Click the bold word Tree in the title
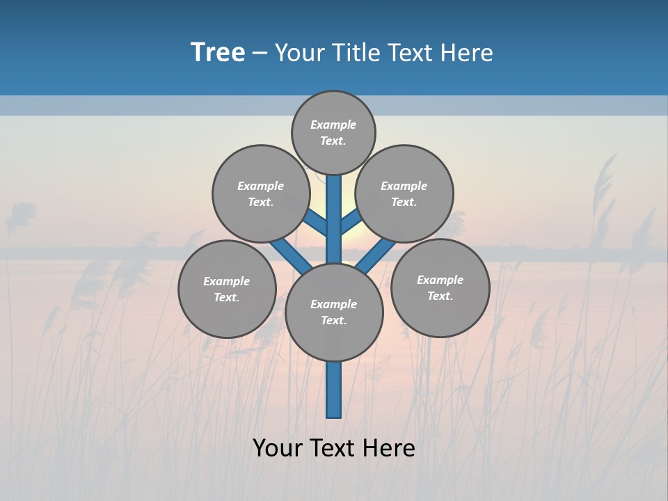click(218, 52)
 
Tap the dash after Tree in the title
click(260, 54)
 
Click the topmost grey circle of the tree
click(333, 132)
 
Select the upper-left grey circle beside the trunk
click(261, 193)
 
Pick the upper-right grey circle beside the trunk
click(404, 193)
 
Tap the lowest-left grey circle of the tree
click(227, 289)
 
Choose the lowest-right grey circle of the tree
click(440, 287)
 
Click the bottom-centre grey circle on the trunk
click(334, 312)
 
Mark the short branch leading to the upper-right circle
click(350, 221)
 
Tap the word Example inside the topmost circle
click(333, 125)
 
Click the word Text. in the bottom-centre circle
click(333, 321)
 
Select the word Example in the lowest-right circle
click(440, 280)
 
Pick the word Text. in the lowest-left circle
click(227, 298)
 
